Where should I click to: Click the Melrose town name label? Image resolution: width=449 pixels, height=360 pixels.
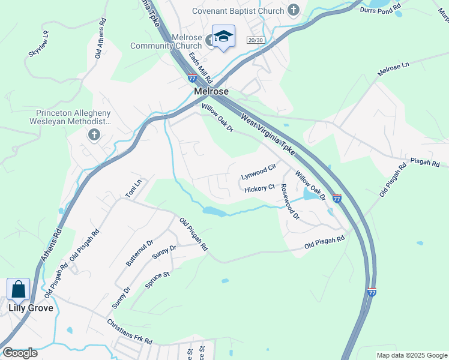212,91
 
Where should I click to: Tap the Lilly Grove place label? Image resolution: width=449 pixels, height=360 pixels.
31,308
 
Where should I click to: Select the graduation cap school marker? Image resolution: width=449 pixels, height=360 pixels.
223,37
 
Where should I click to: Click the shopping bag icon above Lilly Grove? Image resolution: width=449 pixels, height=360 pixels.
19,289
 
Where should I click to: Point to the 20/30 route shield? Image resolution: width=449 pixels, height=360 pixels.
255,40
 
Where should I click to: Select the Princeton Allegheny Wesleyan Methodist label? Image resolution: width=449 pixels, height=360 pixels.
73,116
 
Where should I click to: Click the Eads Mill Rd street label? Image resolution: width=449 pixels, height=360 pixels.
200,67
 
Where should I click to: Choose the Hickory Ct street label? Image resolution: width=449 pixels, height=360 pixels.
259,189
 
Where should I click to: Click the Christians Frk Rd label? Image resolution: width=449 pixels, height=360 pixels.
129,331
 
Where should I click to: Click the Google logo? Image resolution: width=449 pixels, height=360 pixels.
20,353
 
